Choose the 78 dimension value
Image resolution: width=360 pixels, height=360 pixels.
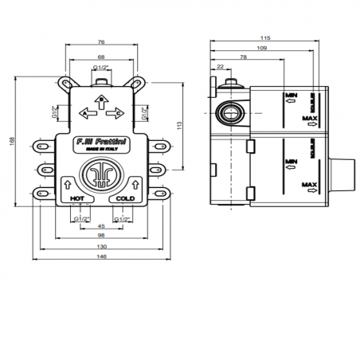[x=242, y=57]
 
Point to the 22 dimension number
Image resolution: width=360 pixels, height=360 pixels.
[x=219, y=67]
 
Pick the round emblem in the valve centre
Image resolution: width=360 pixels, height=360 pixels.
[x=100, y=176]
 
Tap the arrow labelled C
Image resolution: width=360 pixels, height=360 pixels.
[x=119, y=114]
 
